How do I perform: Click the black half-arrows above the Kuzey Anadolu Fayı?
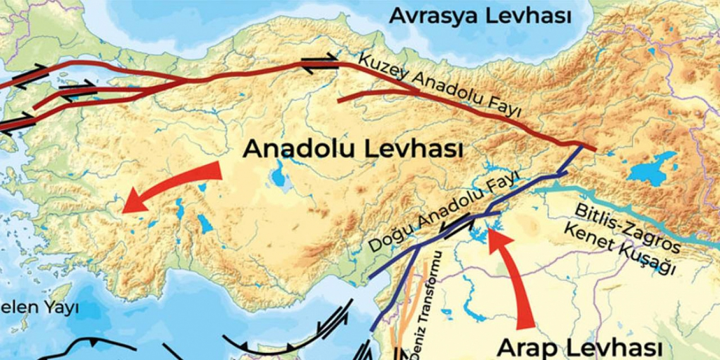click(x=319, y=63)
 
